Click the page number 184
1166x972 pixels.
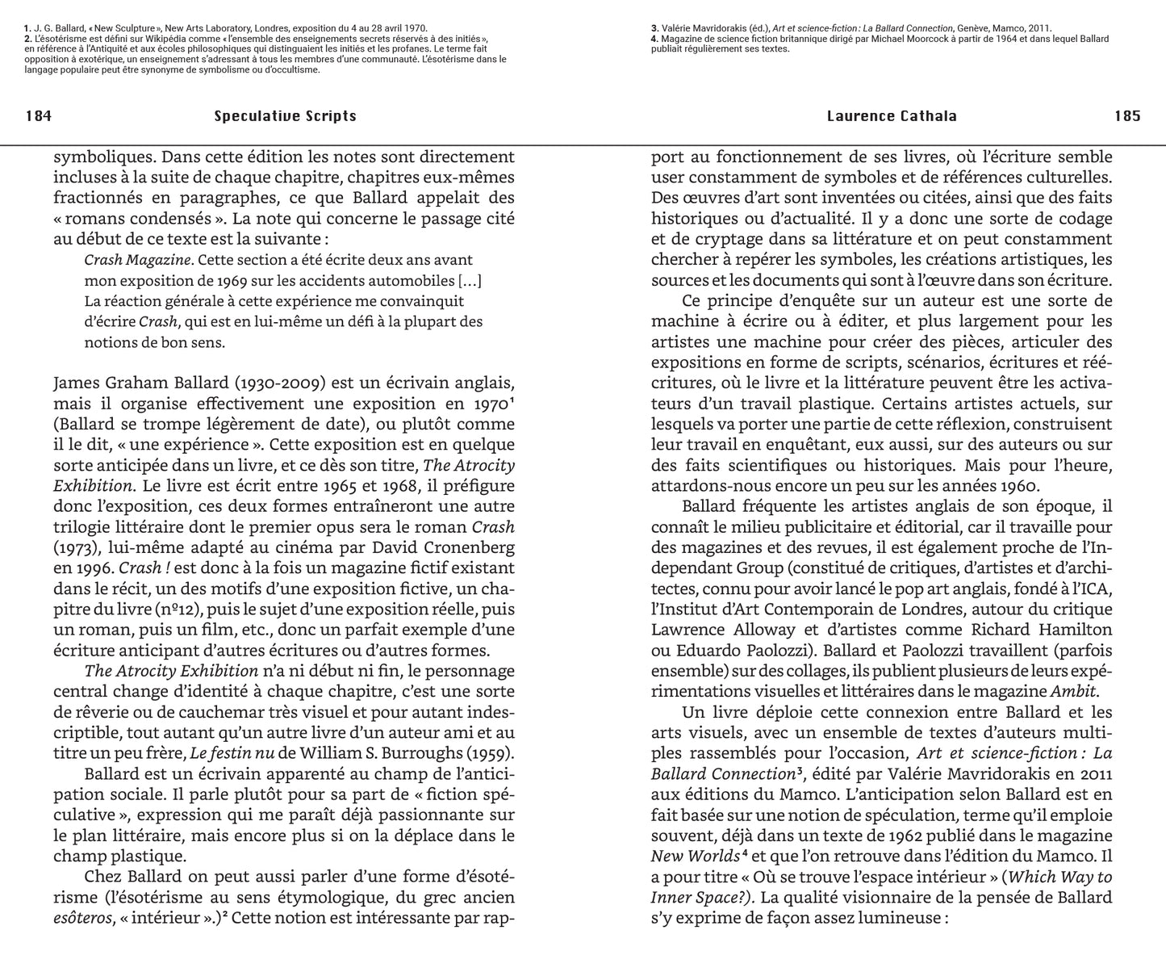39,116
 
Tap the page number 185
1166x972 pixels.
1127,116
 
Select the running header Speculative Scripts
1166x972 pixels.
285,116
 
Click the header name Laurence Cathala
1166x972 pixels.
892,116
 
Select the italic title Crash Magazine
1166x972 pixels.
139,260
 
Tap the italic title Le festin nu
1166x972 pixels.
232,754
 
